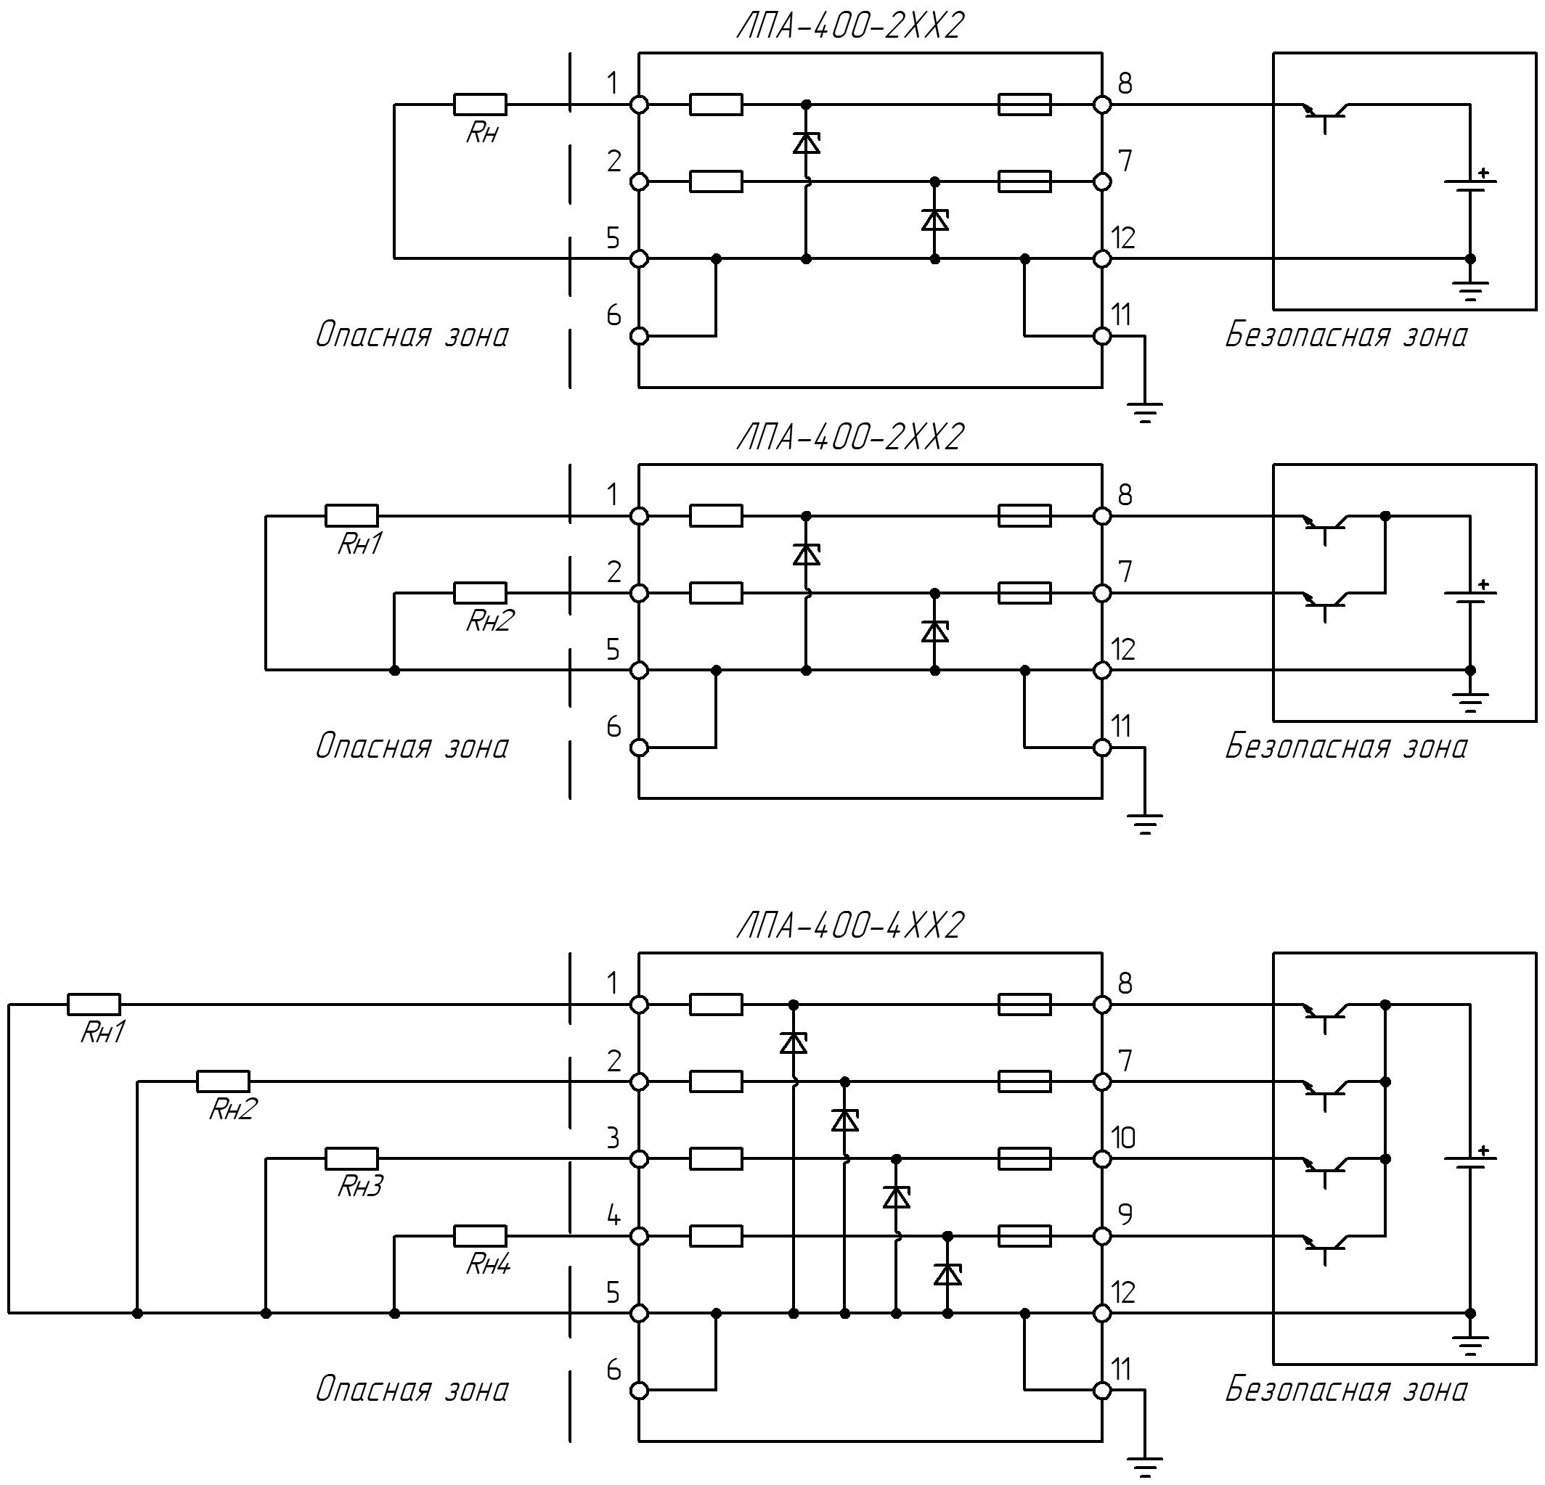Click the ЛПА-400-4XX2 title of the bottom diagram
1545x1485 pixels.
click(849, 925)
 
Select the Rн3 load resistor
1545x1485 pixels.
click(351, 1158)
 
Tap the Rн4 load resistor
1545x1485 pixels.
click(480, 1235)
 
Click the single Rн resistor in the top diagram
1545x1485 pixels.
click(480, 104)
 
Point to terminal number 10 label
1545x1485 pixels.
click(1123, 1137)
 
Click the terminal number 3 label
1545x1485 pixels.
click(613, 1137)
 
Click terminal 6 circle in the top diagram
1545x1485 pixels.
click(640, 336)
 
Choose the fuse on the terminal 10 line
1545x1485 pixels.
click(1024, 1158)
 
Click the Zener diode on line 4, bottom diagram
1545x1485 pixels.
click(947, 1274)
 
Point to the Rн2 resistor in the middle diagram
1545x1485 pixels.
click(480, 593)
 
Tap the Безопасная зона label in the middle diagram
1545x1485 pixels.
click(1345, 745)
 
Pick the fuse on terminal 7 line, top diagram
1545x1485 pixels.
click(1024, 181)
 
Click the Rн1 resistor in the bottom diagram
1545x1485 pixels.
click(94, 1005)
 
